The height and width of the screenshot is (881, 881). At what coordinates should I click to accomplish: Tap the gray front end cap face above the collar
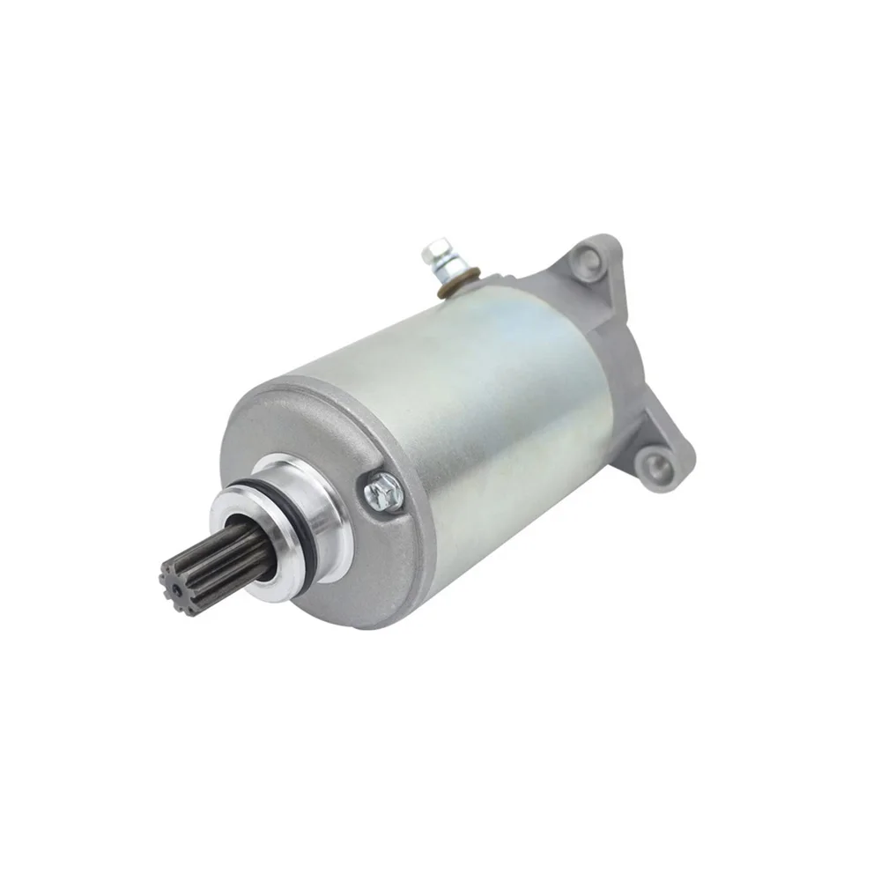point(300,423)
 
